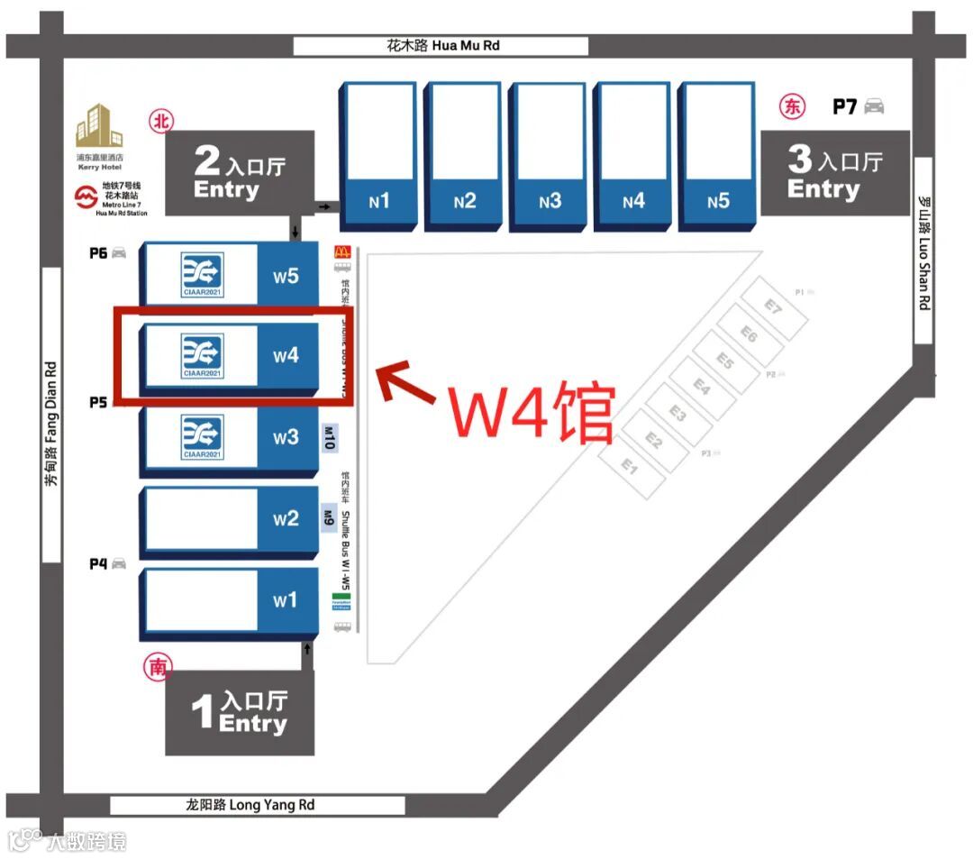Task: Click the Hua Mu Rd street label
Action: click(x=442, y=45)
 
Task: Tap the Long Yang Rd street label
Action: click(x=257, y=804)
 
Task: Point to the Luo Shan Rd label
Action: click(x=923, y=251)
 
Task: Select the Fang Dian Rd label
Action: click(x=51, y=424)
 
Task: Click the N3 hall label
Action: click(x=550, y=202)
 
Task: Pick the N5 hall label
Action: click(x=717, y=202)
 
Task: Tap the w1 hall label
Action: click(x=286, y=599)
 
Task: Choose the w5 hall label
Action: click(x=286, y=276)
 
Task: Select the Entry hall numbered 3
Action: click(x=835, y=174)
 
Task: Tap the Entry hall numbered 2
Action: click(x=240, y=174)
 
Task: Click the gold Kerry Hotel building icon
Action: click(x=98, y=127)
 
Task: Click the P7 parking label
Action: click(x=845, y=107)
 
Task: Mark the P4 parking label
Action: click(x=98, y=564)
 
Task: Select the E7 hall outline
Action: click(x=772, y=306)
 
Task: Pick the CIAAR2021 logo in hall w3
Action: click(x=203, y=436)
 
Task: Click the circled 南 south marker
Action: click(x=159, y=667)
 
